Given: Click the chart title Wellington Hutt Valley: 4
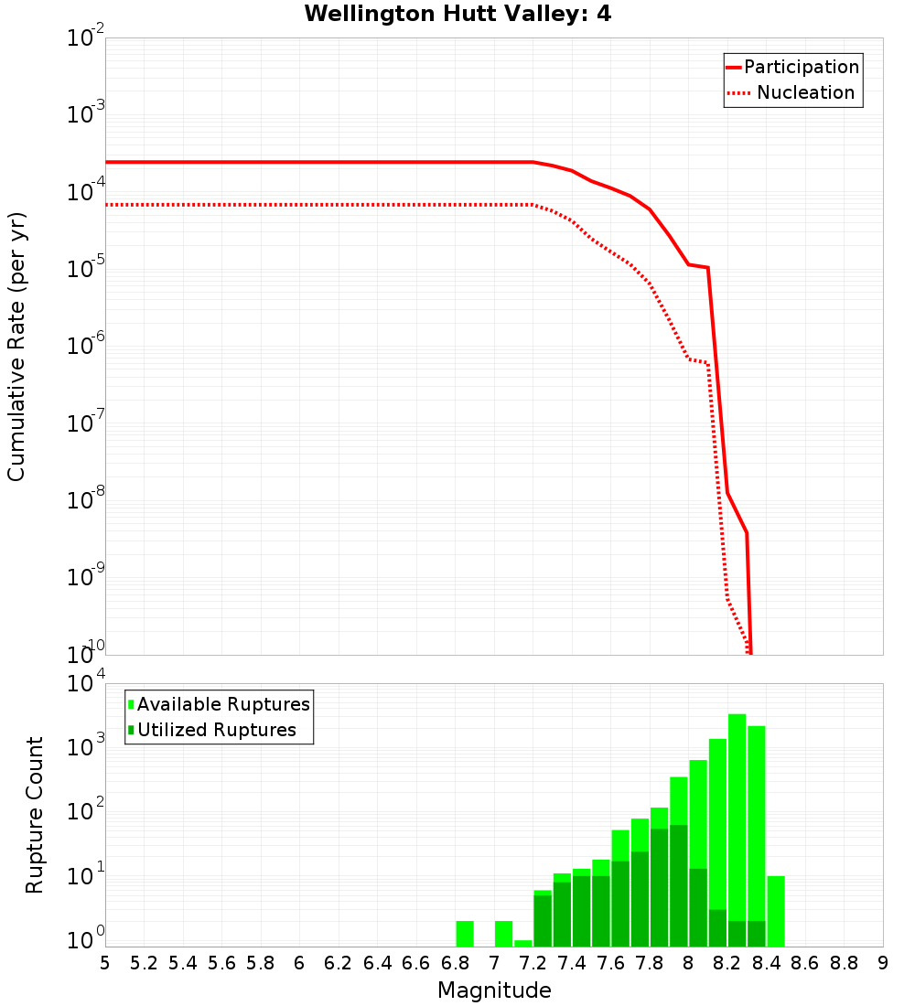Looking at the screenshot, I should point(457,14).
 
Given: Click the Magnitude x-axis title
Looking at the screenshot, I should point(494,990).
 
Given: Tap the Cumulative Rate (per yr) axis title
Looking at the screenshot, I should point(16,347).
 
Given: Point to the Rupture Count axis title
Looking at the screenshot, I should point(35,815).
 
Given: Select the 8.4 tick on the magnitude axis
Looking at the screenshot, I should point(766,963).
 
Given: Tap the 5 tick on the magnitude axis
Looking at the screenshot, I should point(105,963).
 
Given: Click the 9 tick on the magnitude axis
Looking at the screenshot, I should point(882,963).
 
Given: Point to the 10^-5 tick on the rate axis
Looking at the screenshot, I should point(86,270).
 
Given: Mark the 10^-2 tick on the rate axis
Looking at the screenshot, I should point(86,39).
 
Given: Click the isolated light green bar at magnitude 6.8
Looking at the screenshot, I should point(465,934).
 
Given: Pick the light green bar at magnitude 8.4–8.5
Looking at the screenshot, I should point(776,911).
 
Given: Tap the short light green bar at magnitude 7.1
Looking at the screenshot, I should point(523,943).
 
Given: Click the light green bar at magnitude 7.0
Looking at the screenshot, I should point(503,934).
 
